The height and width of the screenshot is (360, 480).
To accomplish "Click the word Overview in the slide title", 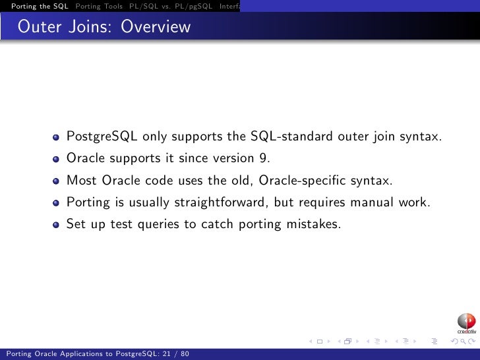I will (156, 27).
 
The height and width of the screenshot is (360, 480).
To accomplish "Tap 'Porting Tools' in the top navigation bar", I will (99, 6).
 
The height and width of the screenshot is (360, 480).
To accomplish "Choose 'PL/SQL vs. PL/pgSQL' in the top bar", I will (171, 6).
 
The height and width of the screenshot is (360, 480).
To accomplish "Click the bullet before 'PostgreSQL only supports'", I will (57, 138).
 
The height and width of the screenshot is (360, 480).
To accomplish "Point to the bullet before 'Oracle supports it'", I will (57, 160).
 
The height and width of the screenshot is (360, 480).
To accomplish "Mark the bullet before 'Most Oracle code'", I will (57, 181).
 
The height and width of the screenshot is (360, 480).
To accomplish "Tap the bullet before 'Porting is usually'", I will (57, 203).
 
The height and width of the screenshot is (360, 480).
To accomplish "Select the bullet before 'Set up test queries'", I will (57, 224).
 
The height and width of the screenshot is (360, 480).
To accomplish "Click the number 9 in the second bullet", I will (266, 158).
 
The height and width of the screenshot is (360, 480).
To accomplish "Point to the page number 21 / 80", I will (175, 354).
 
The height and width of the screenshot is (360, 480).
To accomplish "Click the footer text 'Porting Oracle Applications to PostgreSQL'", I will (78, 354).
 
